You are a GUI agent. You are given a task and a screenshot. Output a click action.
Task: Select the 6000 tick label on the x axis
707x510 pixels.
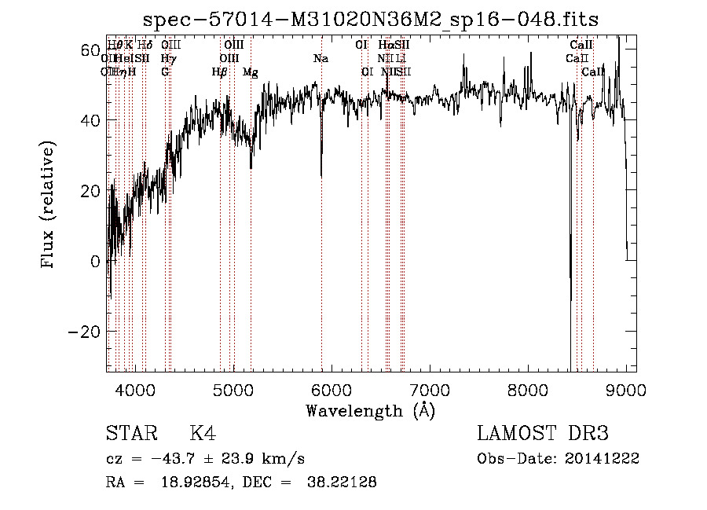pos(331,389)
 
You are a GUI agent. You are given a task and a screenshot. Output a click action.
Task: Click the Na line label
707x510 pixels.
pos(321,58)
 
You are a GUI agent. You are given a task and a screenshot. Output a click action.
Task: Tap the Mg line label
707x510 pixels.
pos(250,72)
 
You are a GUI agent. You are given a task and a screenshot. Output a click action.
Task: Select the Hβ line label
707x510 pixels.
pos(220,72)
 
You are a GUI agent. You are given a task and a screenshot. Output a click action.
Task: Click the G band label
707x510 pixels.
pos(165,72)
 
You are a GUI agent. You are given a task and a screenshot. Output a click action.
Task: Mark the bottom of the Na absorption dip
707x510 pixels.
pos(321,176)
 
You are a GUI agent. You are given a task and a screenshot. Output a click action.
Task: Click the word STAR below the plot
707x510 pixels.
pos(130,434)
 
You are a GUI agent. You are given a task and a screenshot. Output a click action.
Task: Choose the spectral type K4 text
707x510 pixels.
pos(203,434)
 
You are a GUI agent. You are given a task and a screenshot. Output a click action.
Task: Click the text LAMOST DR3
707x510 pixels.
pos(542,434)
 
